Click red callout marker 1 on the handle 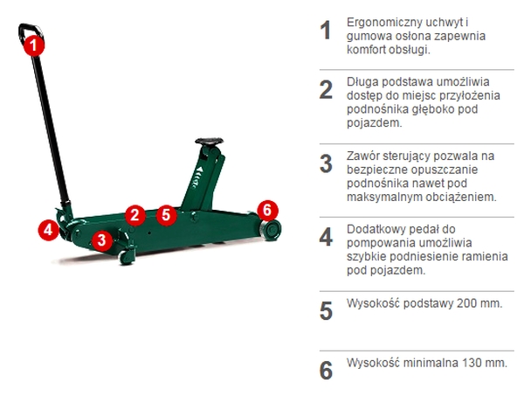[x=34, y=45]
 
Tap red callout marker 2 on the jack [x=135, y=215]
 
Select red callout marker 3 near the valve [x=102, y=240]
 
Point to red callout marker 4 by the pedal [x=48, y=230]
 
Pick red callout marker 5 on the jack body [x=166, y=215]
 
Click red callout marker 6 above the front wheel [x=268, y=211]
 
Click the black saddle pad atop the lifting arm [x=210, y=142]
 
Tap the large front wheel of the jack [x=270, y=230]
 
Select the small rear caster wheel [x=127, y=257]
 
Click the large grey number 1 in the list [x=326, y=31]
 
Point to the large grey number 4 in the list [x=326, y=237]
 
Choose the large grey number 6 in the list [x=326, y=371]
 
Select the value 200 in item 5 [x=467, y=303]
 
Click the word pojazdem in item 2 [x=374, y=123]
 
